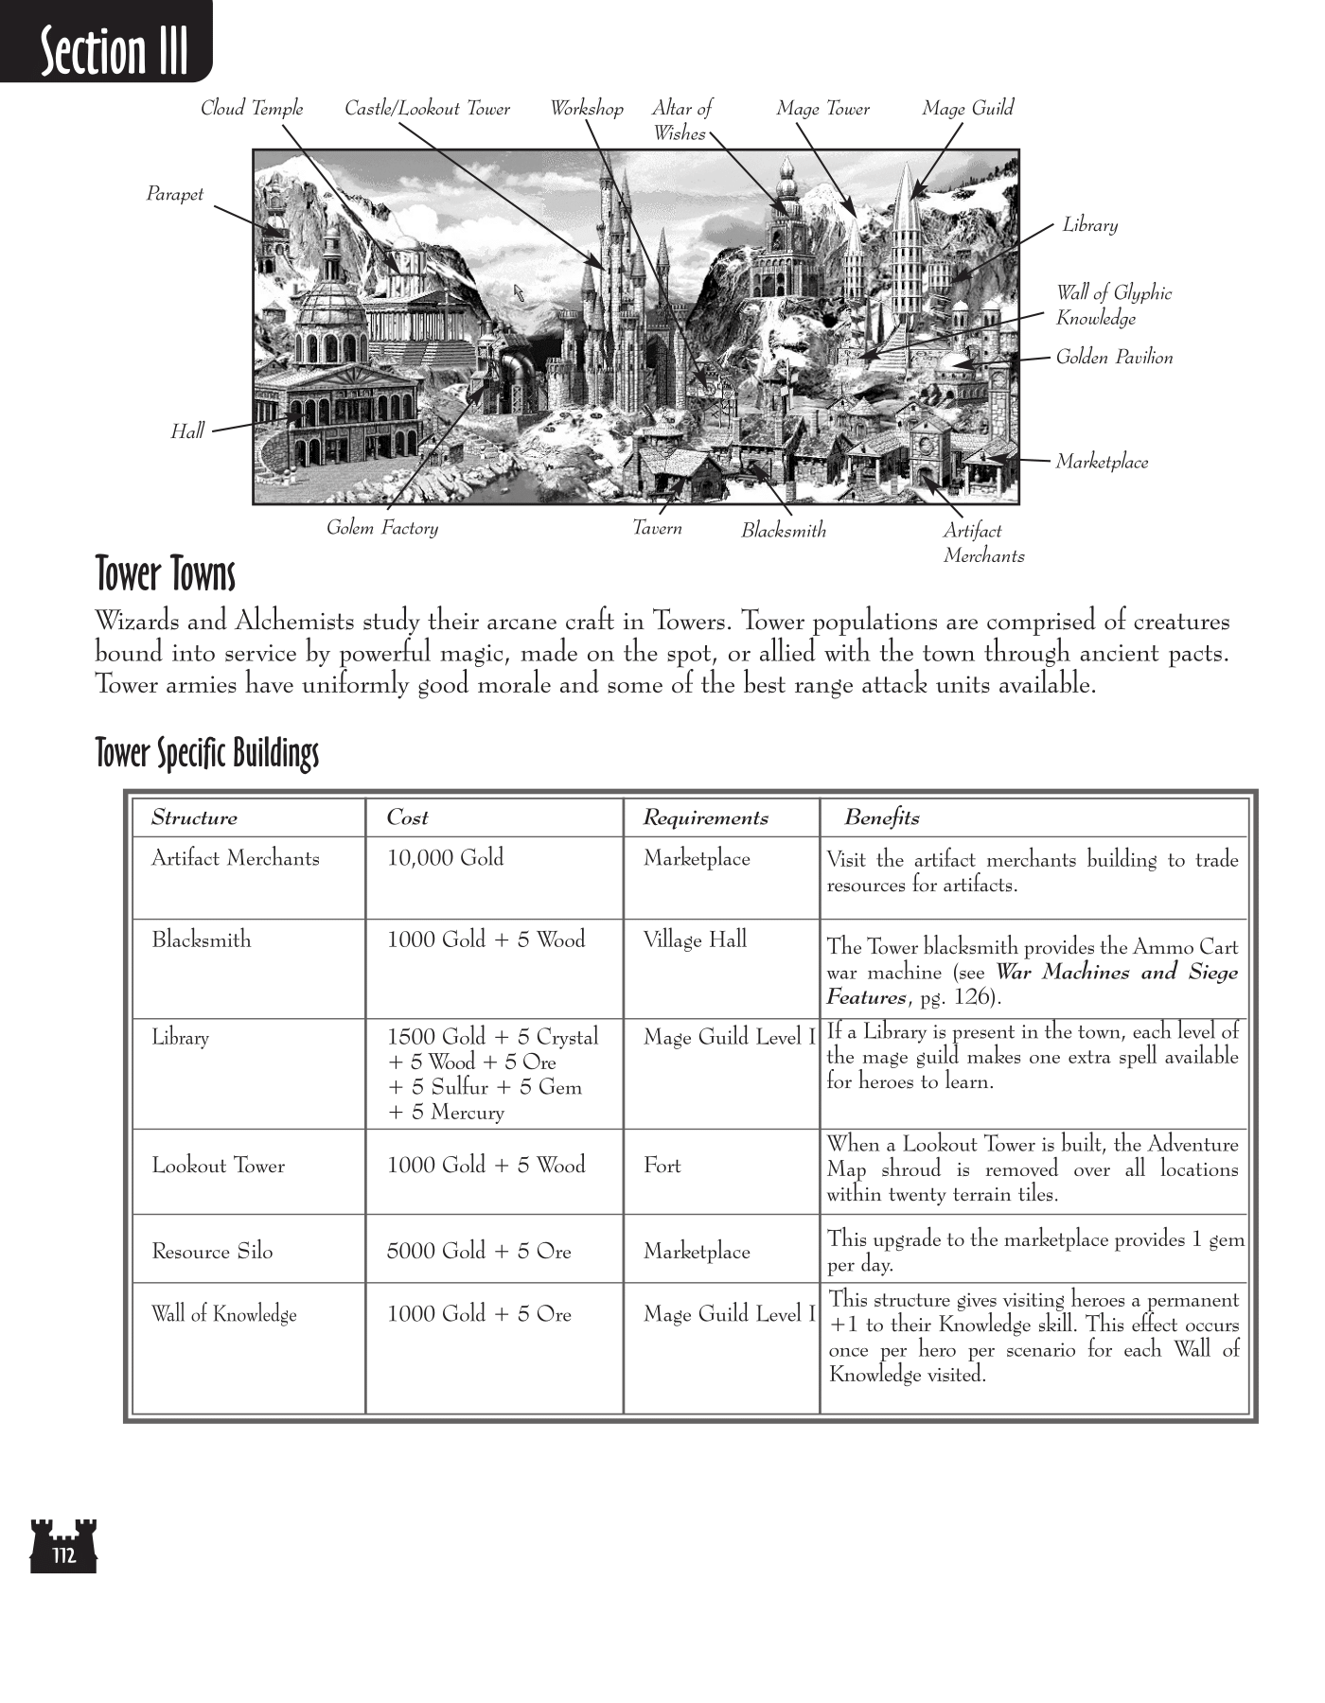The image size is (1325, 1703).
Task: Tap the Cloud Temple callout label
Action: (252, 109)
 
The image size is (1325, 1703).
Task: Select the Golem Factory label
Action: (382, 528)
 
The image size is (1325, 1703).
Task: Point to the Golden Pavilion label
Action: (1114, 358)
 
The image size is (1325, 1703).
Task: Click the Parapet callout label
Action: (174, 195)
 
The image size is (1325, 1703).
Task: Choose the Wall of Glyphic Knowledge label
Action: (1113, 306)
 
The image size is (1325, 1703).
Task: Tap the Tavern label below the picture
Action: (657, 528)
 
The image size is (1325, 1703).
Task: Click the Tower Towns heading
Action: (166, 574)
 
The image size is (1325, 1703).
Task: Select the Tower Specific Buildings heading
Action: (207, 754)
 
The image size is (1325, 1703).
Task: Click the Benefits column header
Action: (881, 818)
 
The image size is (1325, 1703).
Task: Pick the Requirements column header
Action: (705, 818)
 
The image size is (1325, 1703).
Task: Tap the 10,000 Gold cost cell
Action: (445, 858)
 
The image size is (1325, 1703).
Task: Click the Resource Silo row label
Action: (212, 1252)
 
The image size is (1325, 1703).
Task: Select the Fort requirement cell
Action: (662, 1166)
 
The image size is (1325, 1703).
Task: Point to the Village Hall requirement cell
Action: (695, 939)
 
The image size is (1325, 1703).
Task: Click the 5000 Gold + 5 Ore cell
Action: (479, 1252)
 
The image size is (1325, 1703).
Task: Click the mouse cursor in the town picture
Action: (519, 292)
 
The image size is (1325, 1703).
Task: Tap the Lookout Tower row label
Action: (218, 1166)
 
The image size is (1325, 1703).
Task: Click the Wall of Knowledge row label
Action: (223, 1314)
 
